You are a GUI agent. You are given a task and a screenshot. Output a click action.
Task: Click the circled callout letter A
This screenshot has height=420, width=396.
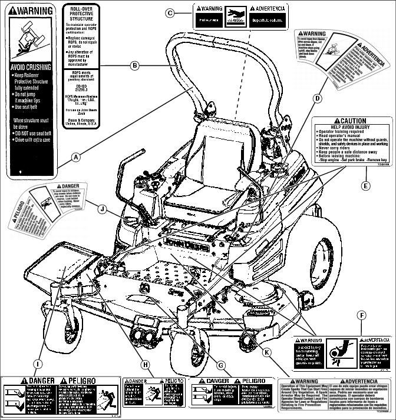[x=76, y=157]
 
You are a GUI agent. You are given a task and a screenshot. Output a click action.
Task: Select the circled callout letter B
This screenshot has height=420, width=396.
[x=135, y=66]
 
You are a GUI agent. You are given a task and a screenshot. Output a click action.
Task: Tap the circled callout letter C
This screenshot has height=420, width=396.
[x=170, y=12]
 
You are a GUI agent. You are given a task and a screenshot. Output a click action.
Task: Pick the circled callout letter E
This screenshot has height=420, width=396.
[x=365, y=186]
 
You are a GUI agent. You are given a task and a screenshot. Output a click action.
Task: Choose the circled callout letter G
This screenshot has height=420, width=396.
[x=220, y=365]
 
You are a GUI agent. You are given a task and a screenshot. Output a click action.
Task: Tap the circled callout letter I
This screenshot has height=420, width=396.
[x=37, y=365]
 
